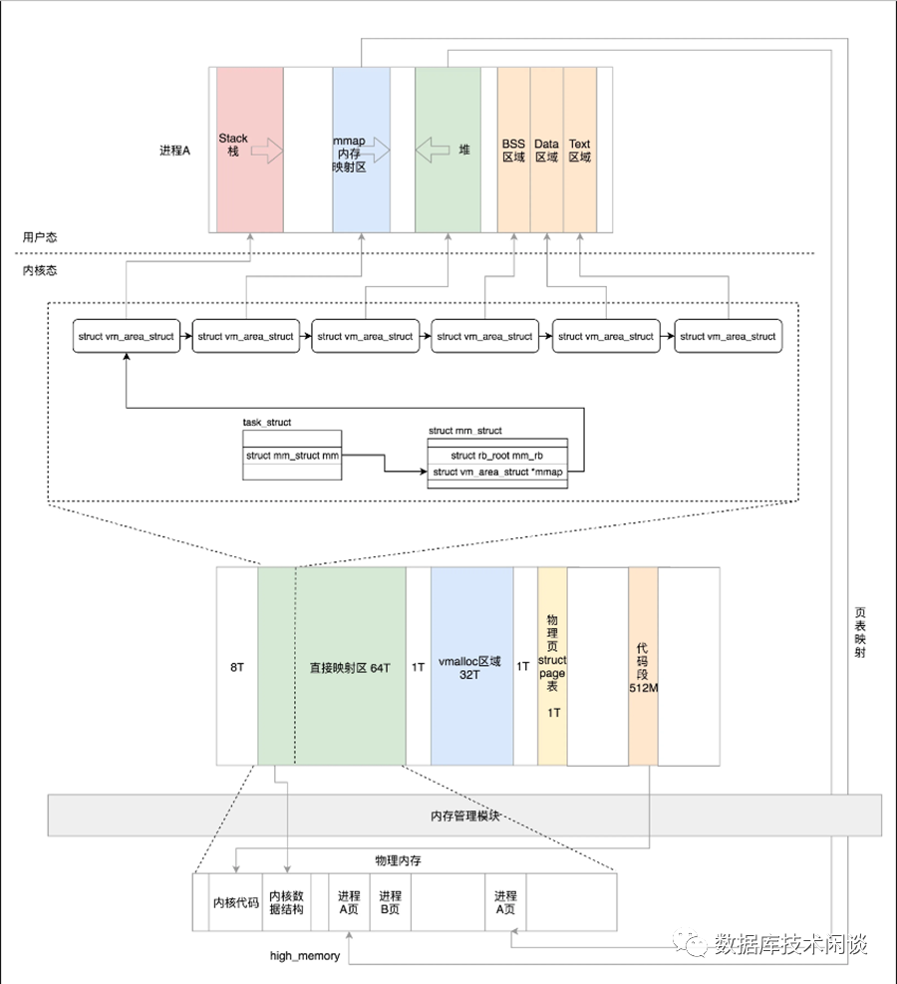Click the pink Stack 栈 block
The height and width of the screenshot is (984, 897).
coord(249,150)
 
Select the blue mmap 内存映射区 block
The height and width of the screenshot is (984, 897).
coord(361,150)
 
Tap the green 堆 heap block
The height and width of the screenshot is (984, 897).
coord(448,150)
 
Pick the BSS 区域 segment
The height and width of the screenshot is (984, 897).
coord(513,150)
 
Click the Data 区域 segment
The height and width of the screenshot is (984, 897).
coord(546,150)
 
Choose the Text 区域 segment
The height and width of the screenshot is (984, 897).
coord(579,150)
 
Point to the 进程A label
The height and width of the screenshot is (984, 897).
coord(174,151)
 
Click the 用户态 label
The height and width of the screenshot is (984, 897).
coord(40,237)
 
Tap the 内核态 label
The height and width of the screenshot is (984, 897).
coord(40,270)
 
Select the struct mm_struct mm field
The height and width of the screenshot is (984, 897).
coord(292,456)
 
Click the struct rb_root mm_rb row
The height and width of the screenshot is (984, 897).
coord(497,456)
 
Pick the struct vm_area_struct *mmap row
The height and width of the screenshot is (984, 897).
coord(497,472)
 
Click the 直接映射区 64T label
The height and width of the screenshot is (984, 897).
coord(350,666)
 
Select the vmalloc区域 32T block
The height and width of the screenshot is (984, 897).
coord(471,666)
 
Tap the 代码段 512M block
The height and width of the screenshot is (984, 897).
coord(643,666)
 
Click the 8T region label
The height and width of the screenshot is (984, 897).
coord(237,666)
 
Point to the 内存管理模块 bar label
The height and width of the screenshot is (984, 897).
coord(464,816)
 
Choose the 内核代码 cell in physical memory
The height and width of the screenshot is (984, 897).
coord(236,902)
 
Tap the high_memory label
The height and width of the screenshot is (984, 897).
coord(305,956)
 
